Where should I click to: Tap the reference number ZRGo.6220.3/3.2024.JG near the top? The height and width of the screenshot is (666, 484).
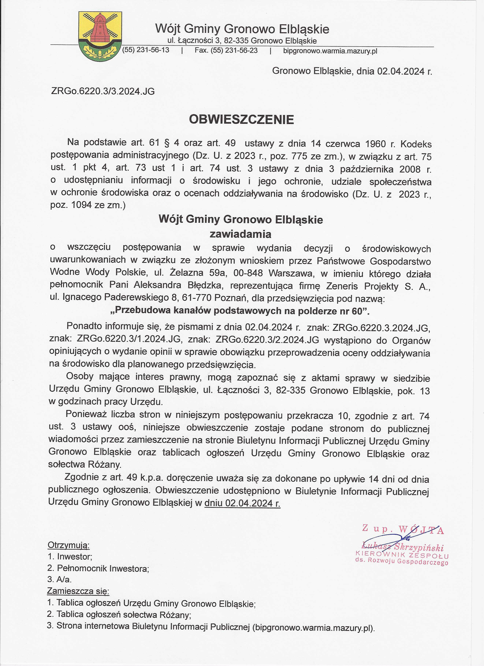point(103,91)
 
